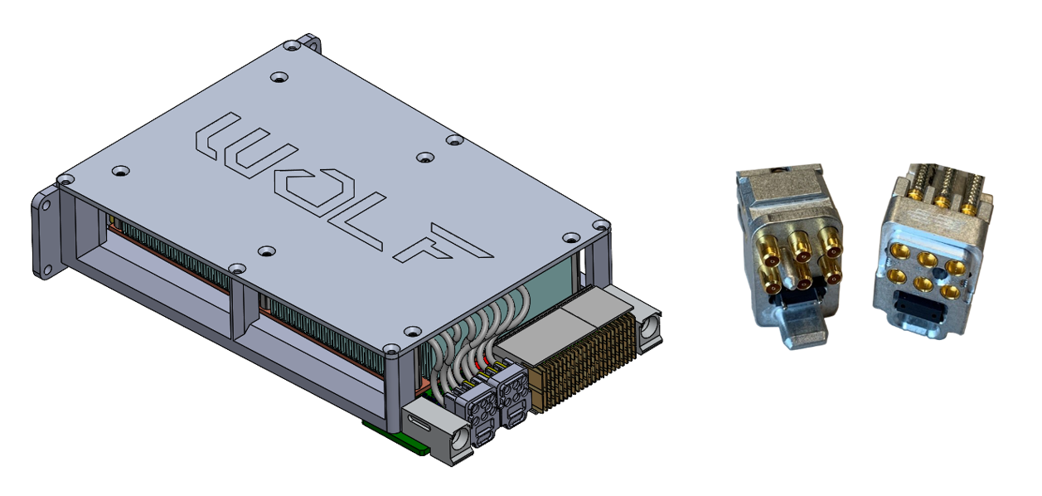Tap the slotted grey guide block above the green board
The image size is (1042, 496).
pos(431,427)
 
